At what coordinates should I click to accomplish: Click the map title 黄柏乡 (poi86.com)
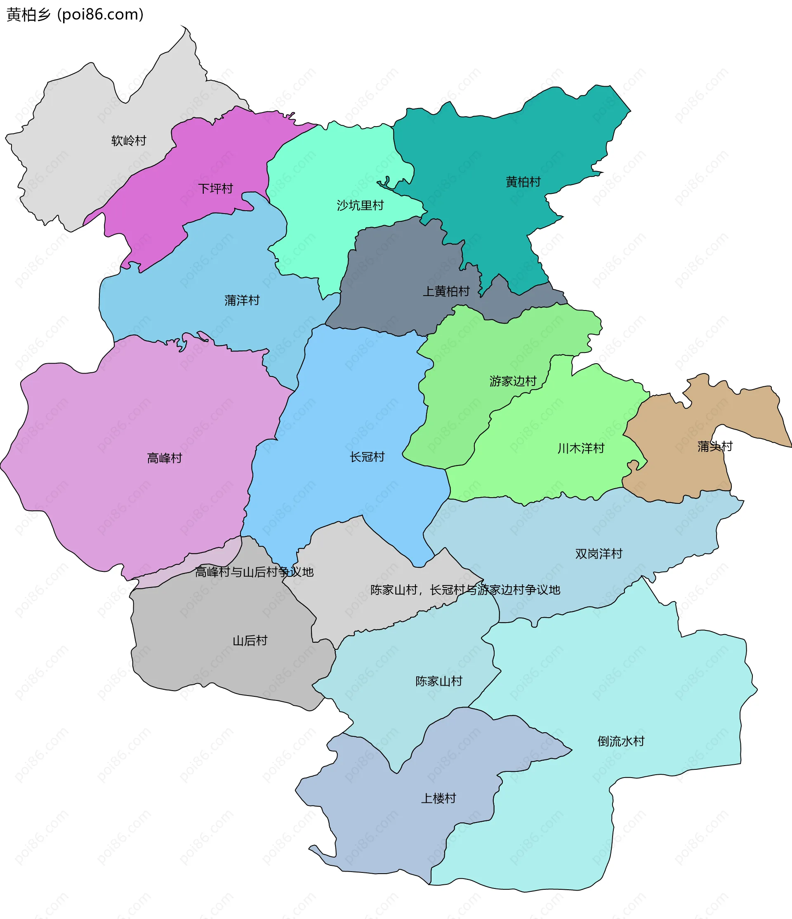pos(75,15)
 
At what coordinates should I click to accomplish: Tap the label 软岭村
pos(129,141)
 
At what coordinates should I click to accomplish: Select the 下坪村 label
pos(215,188)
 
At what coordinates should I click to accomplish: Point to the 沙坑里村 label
pos(360,205)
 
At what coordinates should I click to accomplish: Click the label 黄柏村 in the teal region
pos(523,182)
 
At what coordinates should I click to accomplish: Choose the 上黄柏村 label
pos(446,291)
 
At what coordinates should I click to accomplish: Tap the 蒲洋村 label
pos(242,300)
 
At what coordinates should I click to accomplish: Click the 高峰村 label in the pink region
pos(165,458)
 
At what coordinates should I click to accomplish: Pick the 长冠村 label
pos(367,456)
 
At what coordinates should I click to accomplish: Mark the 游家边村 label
pos(512,381)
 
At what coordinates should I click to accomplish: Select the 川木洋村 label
pos(581,448)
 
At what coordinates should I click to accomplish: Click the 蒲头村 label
pos(715,446)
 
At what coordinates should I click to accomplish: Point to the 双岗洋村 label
pos(599,554)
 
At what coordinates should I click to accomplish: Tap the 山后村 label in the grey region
pos(250,640)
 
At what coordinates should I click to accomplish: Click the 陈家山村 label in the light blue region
pos(439,681)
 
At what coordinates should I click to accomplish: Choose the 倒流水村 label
pos(621,741)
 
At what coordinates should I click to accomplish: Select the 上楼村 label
pos(438,798)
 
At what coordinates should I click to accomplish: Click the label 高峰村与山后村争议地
pos(254,572)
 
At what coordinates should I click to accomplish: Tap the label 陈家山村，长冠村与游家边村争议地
pos(465,590)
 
